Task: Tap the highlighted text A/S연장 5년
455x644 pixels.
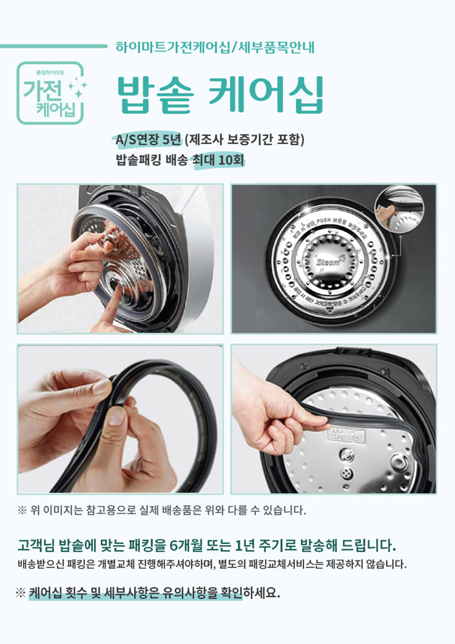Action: click(148, 140)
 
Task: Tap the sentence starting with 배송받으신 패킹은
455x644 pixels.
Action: click(212, 565)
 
